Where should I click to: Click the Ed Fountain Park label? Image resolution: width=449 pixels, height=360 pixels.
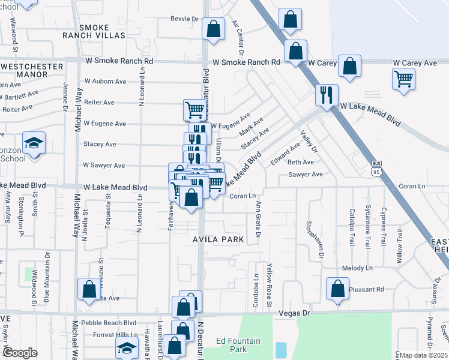click(x=238, y=345)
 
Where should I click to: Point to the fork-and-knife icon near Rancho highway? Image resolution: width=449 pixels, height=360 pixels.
click(x=327, y=95)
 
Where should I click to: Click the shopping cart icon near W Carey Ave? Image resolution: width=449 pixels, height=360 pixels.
click(x=403, y=78)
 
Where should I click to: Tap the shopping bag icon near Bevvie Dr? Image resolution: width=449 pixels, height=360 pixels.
click(x=213, y=28)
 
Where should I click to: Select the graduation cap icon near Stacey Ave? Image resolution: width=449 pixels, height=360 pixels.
click(x=34, y=143)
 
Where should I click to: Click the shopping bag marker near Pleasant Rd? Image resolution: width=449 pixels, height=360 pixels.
click(x=337, y=289)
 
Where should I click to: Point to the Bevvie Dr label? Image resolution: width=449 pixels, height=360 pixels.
click(x=184, y=19)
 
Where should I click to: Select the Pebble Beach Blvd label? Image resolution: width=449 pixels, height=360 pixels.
click(x=109, y=323)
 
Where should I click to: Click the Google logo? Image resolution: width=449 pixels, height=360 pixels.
click(x=20, y=353)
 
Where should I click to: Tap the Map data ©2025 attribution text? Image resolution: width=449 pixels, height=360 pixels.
click(x=423, y=355)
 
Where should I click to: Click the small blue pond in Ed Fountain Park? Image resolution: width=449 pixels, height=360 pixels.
click(x=280, y=350)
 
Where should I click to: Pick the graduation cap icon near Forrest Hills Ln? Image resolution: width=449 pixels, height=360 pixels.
click(x=127, y=347)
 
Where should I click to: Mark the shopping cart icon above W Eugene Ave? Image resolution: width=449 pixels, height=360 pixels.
click(x=194, y=110)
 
